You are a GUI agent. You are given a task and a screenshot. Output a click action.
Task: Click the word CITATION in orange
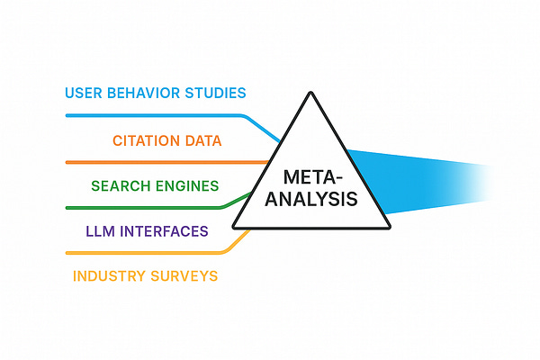[150, 141]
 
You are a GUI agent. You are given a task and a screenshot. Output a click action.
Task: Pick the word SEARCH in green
[121, 186]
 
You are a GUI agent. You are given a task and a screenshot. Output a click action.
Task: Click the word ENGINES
[186, 186]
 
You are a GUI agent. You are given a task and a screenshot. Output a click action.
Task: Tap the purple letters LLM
[98, 231]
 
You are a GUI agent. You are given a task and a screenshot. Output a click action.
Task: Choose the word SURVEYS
[184, 275]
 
